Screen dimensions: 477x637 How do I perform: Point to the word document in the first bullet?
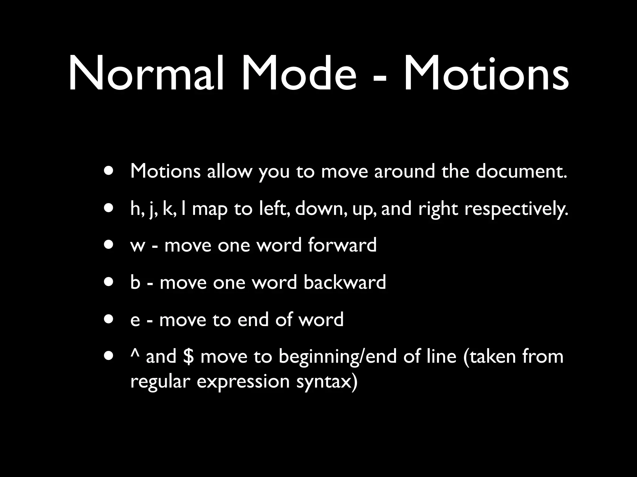pyautogui.click(x=521, y=171)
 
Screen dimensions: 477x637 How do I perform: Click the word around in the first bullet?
pyautogui.click(x=404, y=171)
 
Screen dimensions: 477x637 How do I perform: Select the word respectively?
pyautogui.click(x=516, y=209)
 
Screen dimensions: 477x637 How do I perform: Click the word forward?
pyautogui.click(x=342, y=245)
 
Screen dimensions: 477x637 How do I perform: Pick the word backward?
pyautogui.click(x=345, y=282)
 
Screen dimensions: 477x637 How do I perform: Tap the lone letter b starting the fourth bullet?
pyautogui.click(x=135, y=282)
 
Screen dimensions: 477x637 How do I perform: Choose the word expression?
pyautogui.click(x=243, y=382)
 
